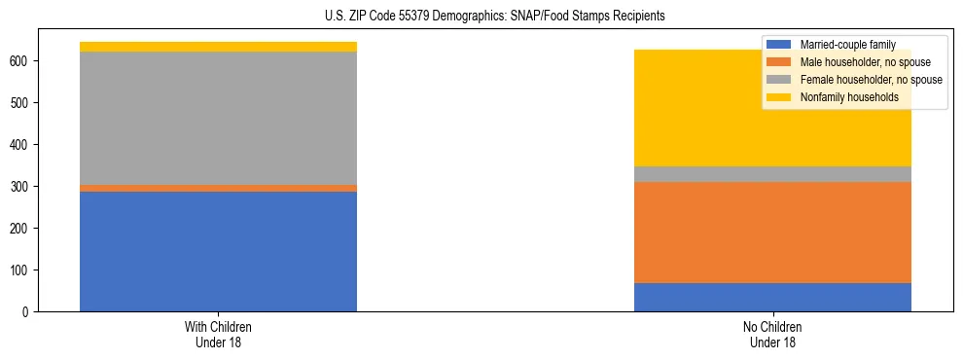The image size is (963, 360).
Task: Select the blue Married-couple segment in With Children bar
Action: click(x=218, y=251)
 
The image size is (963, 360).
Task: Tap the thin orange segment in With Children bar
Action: click(x=218, y=188)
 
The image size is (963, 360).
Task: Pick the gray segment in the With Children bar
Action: click(x=218, y=118)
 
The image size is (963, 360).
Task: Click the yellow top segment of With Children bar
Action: click(x=218, y=47)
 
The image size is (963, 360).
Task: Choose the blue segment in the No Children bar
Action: click(x=772, y=297)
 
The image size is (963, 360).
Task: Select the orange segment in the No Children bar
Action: click(x=772, y=233)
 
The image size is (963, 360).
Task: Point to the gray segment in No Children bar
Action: click(x=772, y=174)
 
